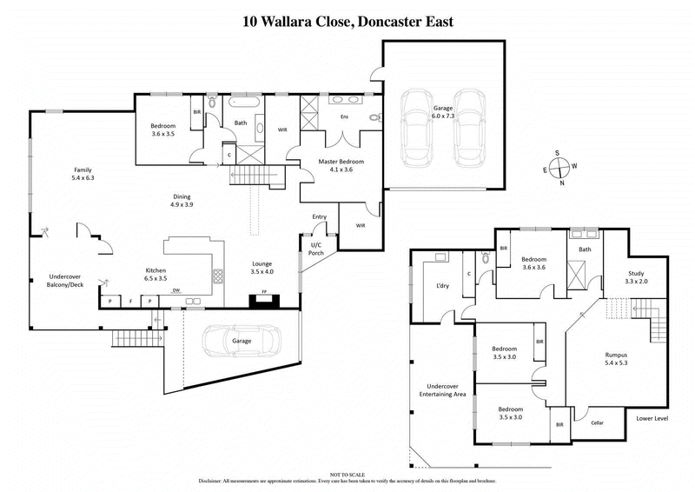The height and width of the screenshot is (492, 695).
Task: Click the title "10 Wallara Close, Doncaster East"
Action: (x=347, y=21)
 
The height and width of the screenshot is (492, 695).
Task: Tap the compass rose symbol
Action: (x=561, y=166)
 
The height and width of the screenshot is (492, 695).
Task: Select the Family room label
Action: (x=82, y=174)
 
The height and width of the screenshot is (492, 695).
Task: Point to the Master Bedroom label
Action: (x=341, y=166)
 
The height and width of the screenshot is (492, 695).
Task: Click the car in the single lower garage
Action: (x=242, y=342)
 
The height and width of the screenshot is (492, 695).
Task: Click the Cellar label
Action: (x=597, y=422)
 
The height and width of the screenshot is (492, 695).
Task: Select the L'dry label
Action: (x=441, y=286)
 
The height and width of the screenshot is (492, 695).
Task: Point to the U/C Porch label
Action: (x=316, y=250)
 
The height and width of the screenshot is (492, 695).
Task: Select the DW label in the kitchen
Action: (x=176, y=290)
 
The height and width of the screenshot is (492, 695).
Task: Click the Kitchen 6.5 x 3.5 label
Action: (x=156, y=275)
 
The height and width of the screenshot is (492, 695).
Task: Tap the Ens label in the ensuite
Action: (x=343, y=116)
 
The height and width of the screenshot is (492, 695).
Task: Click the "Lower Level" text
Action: (x=652, y=418)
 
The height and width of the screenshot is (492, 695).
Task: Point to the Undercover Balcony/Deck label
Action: (x=65, y=282)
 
